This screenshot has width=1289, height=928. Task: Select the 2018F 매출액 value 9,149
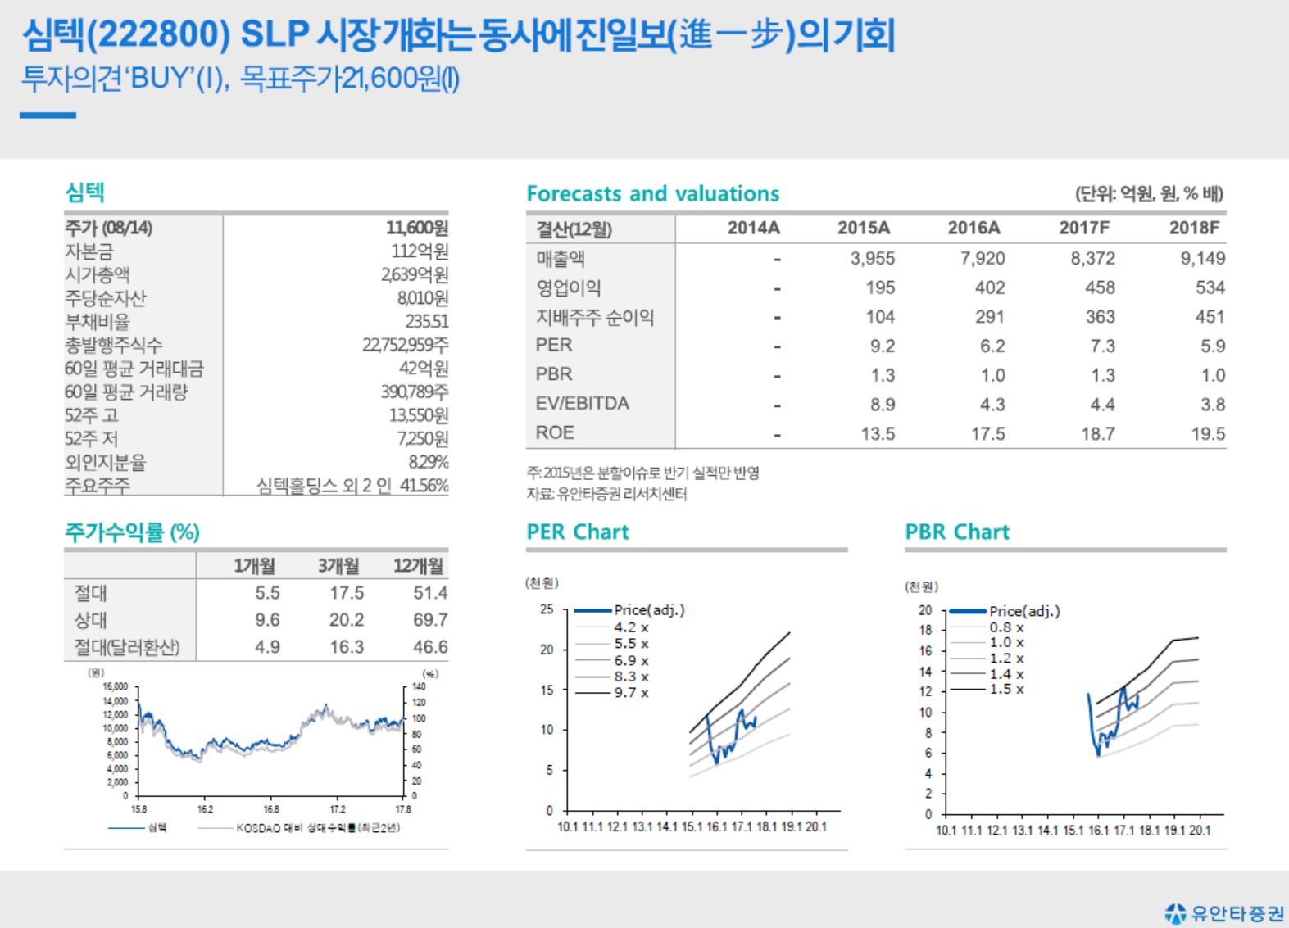click(1202, 259)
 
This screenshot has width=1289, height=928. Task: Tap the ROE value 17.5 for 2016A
click(987, 434)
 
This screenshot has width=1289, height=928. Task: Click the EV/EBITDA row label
click(582, 404)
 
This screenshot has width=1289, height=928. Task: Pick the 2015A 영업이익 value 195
click(879, 288)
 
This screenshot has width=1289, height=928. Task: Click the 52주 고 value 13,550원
click(418, 415)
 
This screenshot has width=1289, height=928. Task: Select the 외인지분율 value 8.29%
click(428, 462)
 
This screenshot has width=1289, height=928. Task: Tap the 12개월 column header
click(418, 566)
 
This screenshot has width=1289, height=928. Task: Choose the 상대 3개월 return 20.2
click(347, 620)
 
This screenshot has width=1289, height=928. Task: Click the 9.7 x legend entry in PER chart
click(631, 693)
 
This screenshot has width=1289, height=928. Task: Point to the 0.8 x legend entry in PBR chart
click(1006, 627)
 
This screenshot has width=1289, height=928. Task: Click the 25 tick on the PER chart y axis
click(547, 609)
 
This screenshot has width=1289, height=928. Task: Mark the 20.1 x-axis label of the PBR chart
click(1200, 831)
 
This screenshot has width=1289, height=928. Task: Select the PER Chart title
click(578, 532)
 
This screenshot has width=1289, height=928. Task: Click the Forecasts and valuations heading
click(652, 194)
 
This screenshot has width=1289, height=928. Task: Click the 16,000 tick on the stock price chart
click(116, 687)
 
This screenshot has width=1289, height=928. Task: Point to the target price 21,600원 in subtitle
click(391, 79)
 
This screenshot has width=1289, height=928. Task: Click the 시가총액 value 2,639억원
click(414, 274)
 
